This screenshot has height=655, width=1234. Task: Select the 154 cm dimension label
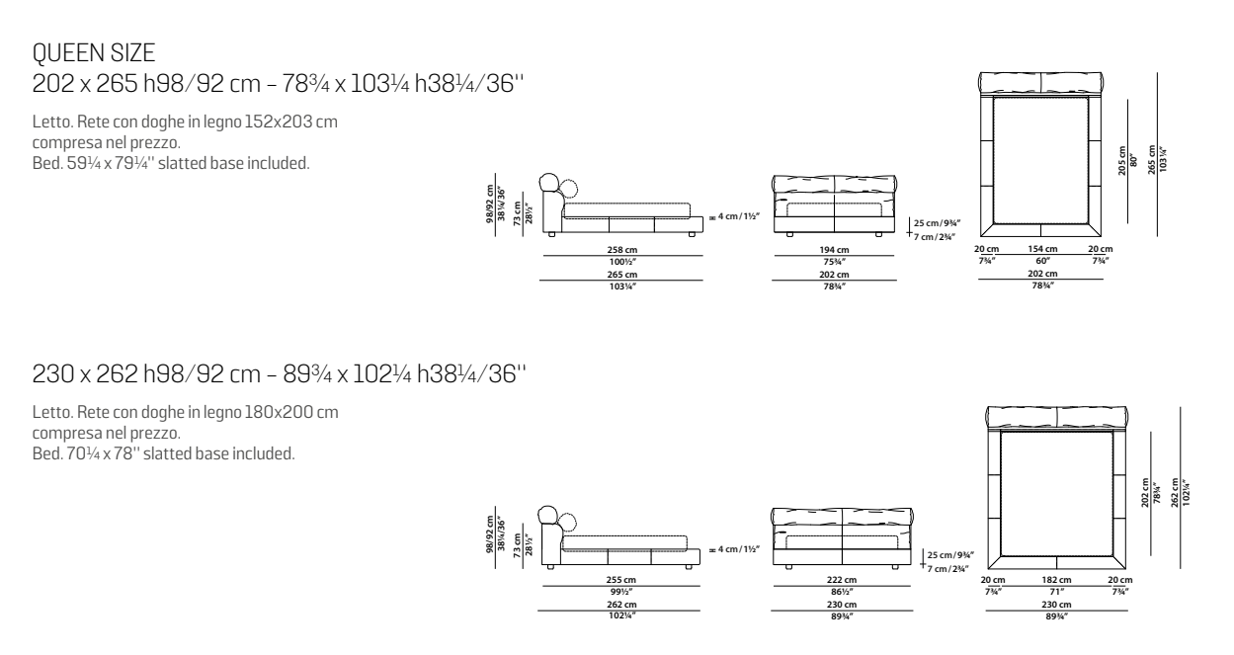[x=1043, y=248]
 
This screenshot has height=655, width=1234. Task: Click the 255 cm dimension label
[x=621, y=579]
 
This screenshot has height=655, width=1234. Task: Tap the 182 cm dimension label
[x=1056, y=579]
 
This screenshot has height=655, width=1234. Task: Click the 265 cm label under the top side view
[x=621, y=274]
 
